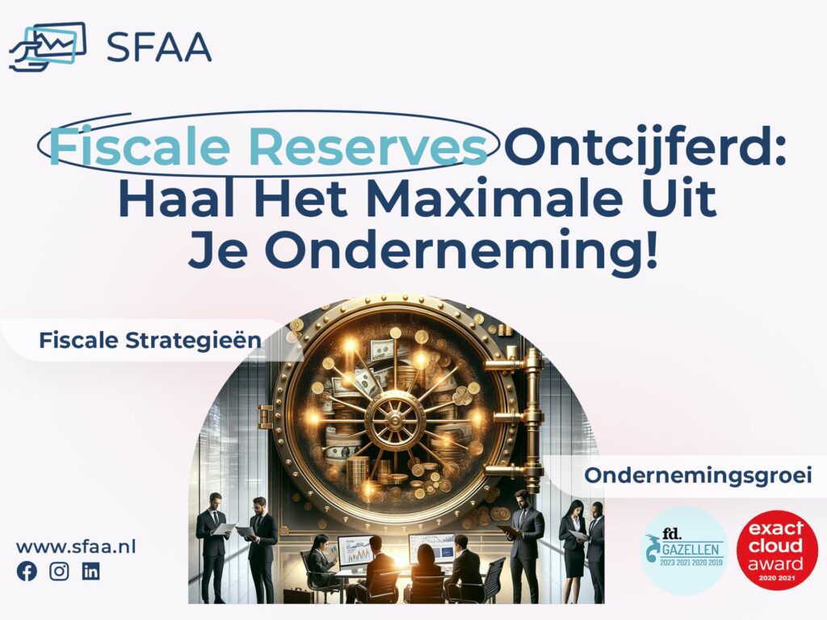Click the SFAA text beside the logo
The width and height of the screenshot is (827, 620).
(x=159, y=47)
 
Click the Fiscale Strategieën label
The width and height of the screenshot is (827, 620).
(x=149, y=341)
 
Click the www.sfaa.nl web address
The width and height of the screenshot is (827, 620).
(x=76, y=547)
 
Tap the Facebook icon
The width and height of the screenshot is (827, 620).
(x=27, y=572)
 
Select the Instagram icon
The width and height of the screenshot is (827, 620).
(x=59, y=572)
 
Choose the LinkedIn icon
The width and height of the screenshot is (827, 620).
(x=91, y=572)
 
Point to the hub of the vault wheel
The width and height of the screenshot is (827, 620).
(x=395, y=417)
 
